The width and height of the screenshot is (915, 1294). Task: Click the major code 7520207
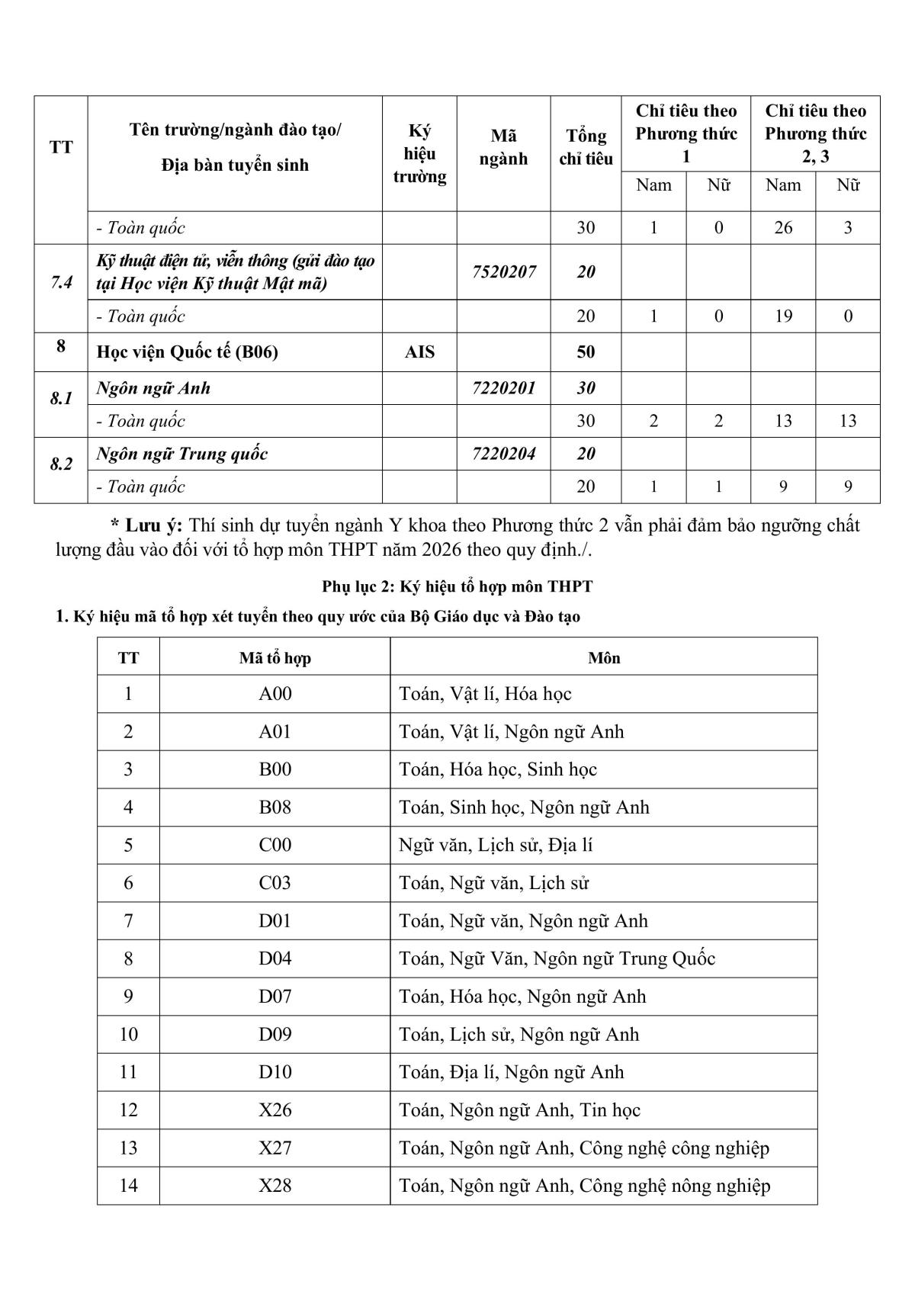click(503, 272)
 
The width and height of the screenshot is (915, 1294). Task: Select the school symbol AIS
click(419, 352)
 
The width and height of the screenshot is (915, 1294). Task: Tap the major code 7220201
click(503, 388)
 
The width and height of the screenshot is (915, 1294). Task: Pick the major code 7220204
click(503, 454)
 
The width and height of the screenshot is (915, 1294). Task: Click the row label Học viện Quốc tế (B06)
click(187, 352)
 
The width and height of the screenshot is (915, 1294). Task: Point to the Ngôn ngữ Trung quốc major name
click(181, 454)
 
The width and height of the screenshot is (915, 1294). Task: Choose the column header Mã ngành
click(503, 147)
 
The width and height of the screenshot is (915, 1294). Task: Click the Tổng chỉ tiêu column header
click(586, 147)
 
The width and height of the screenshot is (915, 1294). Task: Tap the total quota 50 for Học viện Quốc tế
click(586, 352)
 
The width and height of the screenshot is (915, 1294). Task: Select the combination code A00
click(275, 694)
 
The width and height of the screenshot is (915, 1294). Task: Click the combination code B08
click(275, 808)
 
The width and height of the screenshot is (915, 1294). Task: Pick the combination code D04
click(275, 958)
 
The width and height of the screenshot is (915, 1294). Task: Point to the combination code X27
click(275, 1148)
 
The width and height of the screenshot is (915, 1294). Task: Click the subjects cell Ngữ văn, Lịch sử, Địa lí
click(496, 845)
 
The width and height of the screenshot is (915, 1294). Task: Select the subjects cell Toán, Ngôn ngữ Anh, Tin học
click(519, 1110)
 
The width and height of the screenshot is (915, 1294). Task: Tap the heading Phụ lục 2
click(457, 586)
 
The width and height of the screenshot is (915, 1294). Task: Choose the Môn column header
click(604, 657)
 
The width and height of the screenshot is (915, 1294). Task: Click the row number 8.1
click(61, 399)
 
